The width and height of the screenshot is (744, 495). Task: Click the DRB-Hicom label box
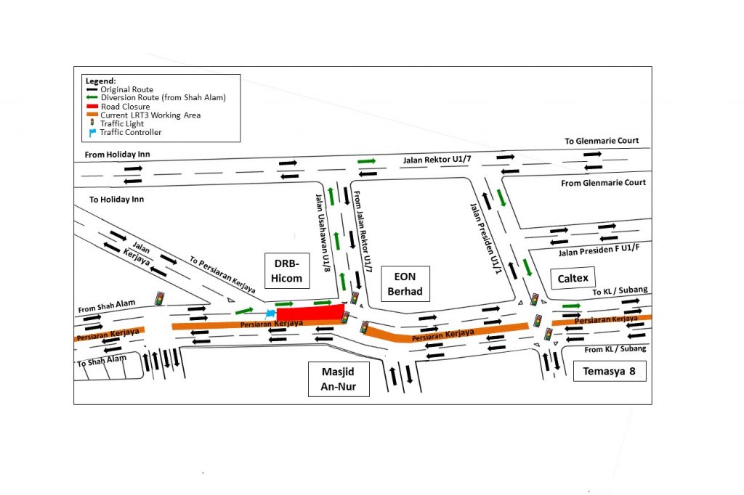tap(286, 271)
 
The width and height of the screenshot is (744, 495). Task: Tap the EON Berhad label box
tap(405, 284)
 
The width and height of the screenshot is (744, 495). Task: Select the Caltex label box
tap(573, 278)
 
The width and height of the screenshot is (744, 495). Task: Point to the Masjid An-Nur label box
tap(339, 379)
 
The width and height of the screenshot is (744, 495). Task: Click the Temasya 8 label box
tap(610, 372)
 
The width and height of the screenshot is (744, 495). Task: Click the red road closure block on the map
tap(310, 313)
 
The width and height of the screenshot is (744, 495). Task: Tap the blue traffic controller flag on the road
tap(270, 314)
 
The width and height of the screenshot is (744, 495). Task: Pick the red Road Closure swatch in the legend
tap(92, 106)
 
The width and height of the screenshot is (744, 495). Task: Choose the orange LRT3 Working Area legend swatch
tap(92, 115)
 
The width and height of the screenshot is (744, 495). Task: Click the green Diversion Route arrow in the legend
tap(92, 97)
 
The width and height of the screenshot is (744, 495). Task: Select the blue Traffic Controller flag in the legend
tap(92, 133)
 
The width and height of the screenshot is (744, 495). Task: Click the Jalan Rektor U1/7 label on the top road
tap(437, 159)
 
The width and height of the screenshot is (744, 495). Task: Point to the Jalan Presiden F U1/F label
tap(599, 250)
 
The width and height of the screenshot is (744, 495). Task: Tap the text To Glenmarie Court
tap(602, 141)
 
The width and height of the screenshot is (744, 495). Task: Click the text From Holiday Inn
tap(117, 154)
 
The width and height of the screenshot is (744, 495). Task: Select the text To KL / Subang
tap(620, 290)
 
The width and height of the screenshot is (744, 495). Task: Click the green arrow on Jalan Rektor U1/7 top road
tap(367, 161)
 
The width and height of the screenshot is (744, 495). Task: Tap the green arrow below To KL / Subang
tap(571, 306)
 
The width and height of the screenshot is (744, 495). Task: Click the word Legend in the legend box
tap(100, 81)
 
